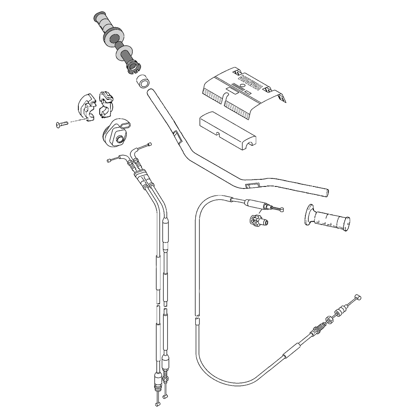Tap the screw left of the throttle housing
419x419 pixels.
[x=61, y=123]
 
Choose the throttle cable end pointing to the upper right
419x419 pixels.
[x=150, y=145]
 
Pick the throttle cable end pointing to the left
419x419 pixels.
[x=109, y=160]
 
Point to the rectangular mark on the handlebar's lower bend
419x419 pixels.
[x=252, y=185]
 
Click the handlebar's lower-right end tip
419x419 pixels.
[x=327, y=192]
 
